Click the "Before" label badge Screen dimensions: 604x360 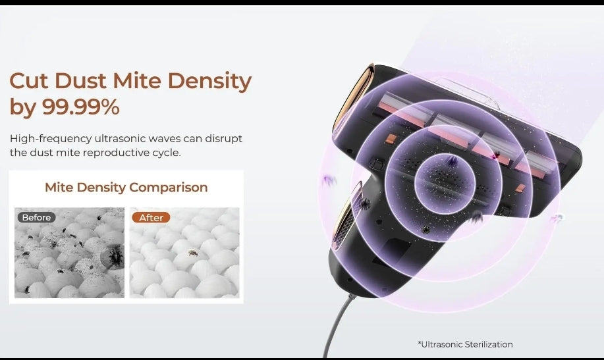37,218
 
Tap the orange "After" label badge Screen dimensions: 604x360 151,218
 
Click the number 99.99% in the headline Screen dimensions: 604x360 80,107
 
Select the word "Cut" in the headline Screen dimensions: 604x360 29,81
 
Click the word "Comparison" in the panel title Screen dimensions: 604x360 169,188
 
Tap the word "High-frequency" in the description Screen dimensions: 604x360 51,139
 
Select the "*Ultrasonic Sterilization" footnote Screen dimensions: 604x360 465,344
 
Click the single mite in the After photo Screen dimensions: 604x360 193,253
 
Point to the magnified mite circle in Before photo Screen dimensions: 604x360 112,255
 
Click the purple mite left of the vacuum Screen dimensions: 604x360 328,180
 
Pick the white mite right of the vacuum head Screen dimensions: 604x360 557,219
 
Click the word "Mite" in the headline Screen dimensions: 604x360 137,81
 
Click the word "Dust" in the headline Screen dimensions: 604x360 80,81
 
